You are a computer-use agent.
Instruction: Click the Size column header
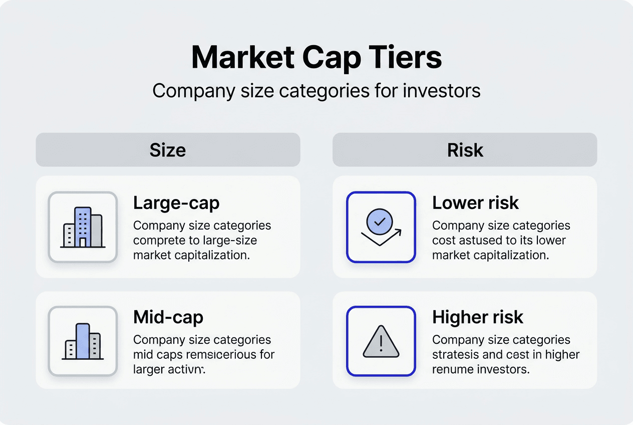[168, 150]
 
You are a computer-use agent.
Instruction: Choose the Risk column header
[465, 150]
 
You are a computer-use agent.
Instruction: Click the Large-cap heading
[176, 203]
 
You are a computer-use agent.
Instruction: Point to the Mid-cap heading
[168, 317]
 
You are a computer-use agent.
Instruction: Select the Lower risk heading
[475, 203]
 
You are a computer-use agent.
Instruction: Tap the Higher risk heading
[477, 317]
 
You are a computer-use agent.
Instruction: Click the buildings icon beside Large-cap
[83, 227]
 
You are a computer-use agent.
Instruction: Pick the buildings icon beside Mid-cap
[83, 341]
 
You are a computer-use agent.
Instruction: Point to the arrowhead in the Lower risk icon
[398, 231]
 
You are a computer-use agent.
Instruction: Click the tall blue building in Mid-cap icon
[83, 340]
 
